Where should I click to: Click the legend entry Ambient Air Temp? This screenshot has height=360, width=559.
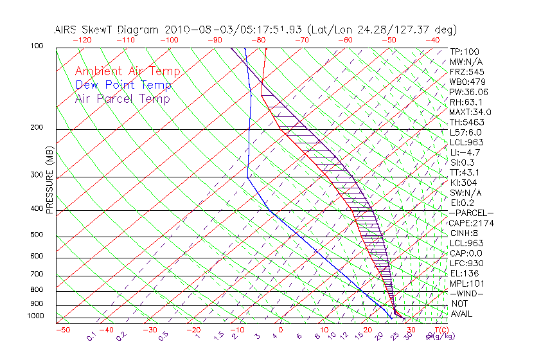(127, 71)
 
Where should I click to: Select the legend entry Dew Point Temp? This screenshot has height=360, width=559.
(123, 85)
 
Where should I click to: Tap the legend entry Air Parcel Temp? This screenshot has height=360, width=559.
(122, 98)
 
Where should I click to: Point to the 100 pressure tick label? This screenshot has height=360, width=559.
(37, 46)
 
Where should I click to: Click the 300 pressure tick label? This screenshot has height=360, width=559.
(37, 175)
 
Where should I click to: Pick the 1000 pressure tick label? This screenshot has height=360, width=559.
(35, 316)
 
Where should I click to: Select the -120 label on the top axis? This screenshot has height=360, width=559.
(82, 40)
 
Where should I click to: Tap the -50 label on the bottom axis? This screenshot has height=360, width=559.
(62, 330)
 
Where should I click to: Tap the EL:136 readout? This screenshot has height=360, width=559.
(463, 273)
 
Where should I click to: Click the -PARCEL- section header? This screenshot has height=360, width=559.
(471, 213)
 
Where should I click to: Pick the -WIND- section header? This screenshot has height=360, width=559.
(467, 293)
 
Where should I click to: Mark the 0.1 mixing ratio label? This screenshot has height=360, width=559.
(92, 336)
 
